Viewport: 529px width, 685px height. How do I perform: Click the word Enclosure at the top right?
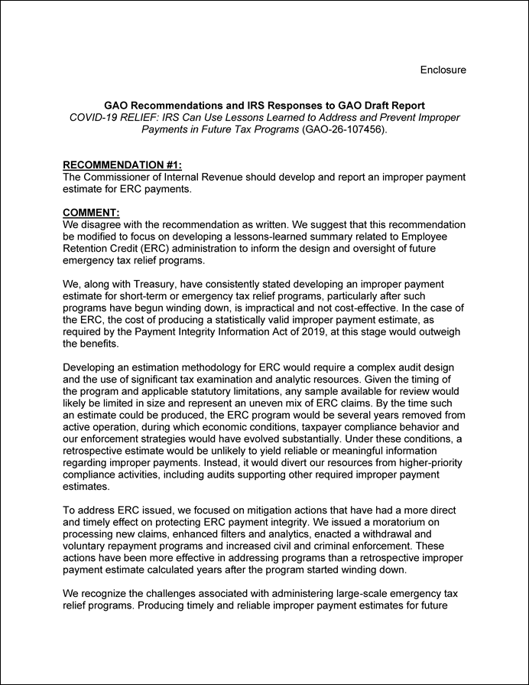pos(443,70)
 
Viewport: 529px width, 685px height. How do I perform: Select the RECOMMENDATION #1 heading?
pos(122,165)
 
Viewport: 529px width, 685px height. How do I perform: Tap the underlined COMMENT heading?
pos(92,213)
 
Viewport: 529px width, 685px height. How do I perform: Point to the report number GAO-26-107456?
pos(347,129)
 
